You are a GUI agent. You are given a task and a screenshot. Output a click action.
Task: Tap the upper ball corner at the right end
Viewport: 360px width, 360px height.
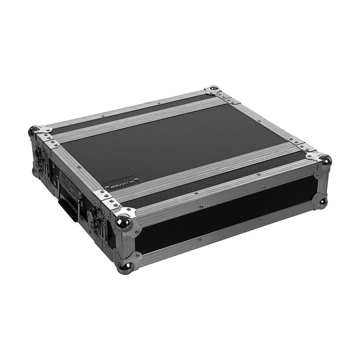click(325, 159)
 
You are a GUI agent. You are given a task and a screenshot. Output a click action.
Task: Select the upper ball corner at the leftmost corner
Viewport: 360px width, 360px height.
click(33, 131)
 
